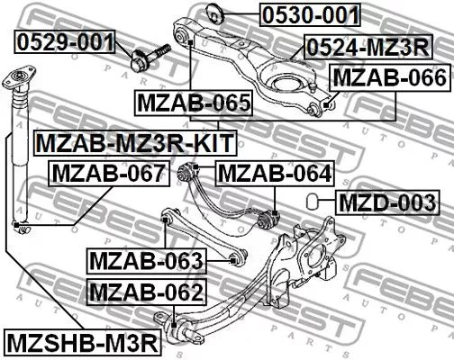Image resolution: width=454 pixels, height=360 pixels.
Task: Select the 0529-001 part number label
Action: (65, 41)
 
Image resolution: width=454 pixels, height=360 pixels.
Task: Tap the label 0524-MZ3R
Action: (367, 46)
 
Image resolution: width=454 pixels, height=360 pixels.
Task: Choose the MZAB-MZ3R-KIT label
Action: (134, 142)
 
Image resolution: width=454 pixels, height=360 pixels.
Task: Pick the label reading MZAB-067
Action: (108, 172)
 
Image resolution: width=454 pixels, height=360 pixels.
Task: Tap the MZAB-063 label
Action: (148, 262)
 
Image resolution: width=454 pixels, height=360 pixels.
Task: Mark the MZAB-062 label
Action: (148, 292)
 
